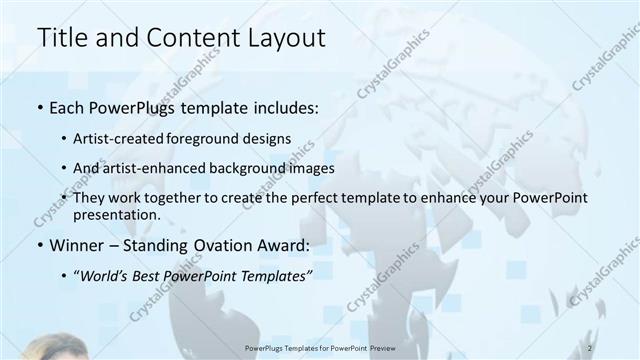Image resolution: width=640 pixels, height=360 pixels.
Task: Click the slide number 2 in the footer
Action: click(x=591, y=348)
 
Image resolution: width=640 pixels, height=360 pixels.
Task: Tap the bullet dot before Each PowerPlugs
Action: click(x=39, y=107)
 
